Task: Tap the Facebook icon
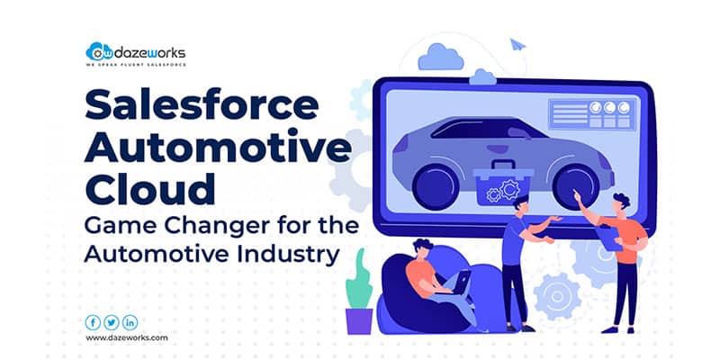point(94,321)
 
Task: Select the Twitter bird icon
point(112,321)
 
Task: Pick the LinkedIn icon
point(130,321)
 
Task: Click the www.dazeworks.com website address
point(126,338)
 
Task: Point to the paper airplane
point(518,43)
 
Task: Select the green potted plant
point(359,288)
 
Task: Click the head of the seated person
point(420,248)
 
